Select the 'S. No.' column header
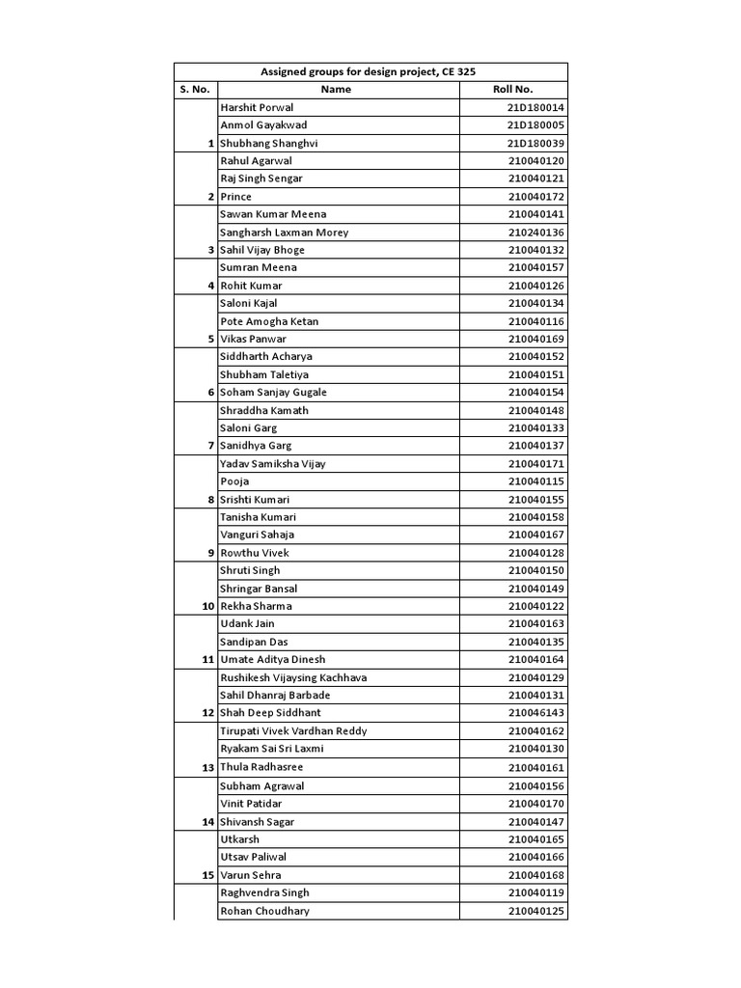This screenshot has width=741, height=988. (194, 90)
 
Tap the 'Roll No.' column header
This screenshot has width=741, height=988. (512, 90)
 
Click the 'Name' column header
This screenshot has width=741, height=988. (336, 90)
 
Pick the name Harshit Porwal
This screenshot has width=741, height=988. (257, 108)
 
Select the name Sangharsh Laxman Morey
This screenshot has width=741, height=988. (285, 233)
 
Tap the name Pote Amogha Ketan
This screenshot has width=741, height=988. (269, 321)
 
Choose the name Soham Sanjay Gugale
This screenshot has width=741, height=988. (273, 393)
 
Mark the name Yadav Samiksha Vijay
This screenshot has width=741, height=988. (273, 464)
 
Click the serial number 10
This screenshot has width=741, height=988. (206, 607)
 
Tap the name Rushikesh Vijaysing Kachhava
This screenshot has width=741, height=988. (293, 678)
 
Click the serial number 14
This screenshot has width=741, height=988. (206, 822)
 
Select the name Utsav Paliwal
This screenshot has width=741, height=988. (254, 857)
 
